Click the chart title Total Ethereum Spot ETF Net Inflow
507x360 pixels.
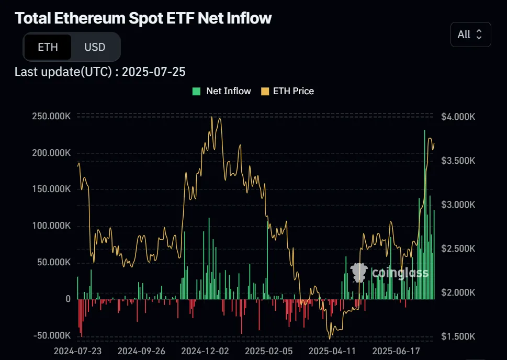143,18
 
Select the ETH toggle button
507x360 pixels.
48,47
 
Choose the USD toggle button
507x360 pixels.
95,47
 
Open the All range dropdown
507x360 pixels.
470,35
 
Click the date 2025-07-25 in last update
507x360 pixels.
153,72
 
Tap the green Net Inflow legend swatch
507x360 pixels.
197,91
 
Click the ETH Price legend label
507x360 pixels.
293,91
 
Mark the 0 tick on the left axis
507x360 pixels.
68,299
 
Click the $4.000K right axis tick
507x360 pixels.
458,117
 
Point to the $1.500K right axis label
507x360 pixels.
458,336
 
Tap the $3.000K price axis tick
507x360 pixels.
458,205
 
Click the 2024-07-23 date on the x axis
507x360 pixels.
77,350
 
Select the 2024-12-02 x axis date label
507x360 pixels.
205,350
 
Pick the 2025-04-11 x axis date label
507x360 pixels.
332,350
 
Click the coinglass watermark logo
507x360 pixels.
390,272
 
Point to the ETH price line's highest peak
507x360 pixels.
212,117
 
